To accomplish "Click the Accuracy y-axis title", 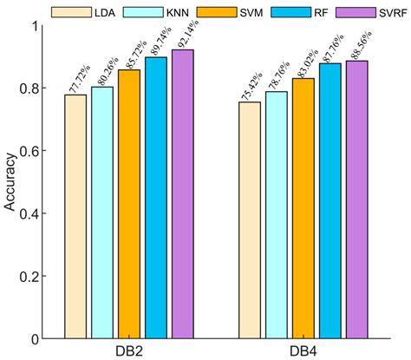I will pos(10,182).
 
